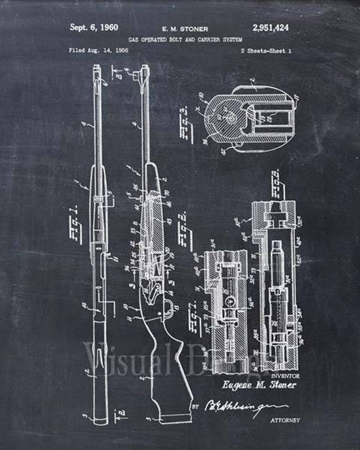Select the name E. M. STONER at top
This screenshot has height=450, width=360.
tap(181, 28)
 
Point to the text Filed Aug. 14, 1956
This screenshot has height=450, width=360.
tap(95, 49)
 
